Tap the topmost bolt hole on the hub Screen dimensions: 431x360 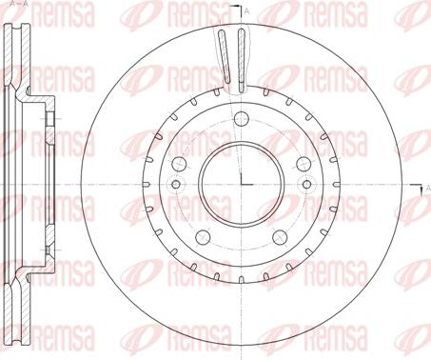[241, 119]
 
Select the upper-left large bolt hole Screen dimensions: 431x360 [179, 164]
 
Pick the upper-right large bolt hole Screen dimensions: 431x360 [304, 164]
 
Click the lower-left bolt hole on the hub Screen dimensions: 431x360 [203, 237]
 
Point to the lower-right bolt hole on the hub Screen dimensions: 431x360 [280, 237]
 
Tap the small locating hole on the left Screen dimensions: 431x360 [176, 184]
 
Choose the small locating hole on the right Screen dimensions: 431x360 [306, 184]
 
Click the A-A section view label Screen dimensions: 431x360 [18, 4]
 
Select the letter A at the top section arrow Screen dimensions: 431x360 [247, 12]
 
